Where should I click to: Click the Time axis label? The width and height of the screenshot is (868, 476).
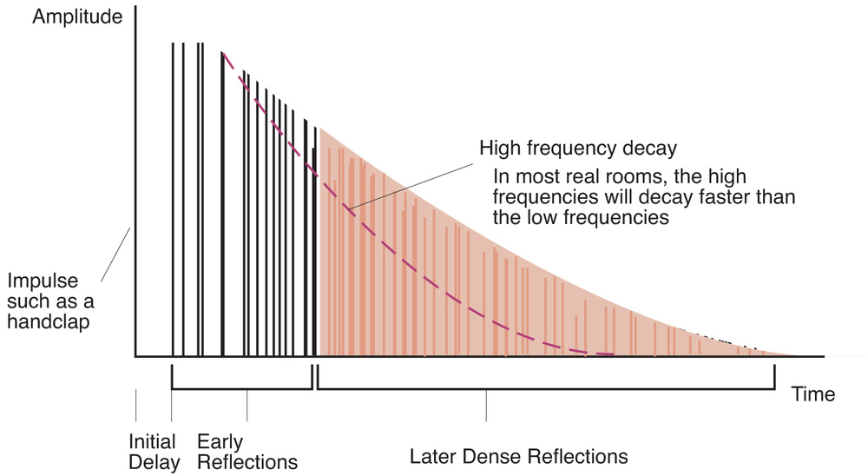(x=812, y=394)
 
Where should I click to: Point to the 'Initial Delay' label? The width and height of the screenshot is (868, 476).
(x=153, y=451)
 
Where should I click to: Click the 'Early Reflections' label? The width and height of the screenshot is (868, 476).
(x=247, y=451)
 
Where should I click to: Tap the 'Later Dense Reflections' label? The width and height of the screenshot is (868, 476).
(x=517, y=456)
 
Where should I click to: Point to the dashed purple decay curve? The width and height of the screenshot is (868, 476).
(x=417, y=278)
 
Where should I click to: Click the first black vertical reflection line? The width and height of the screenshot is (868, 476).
(x=172, y=200)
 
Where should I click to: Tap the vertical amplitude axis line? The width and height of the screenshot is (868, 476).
(x=135, y=200)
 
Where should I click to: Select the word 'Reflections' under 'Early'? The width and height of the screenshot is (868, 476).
(x=247, y=461)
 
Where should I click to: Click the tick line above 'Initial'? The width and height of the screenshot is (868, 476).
(x=135, y=407)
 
